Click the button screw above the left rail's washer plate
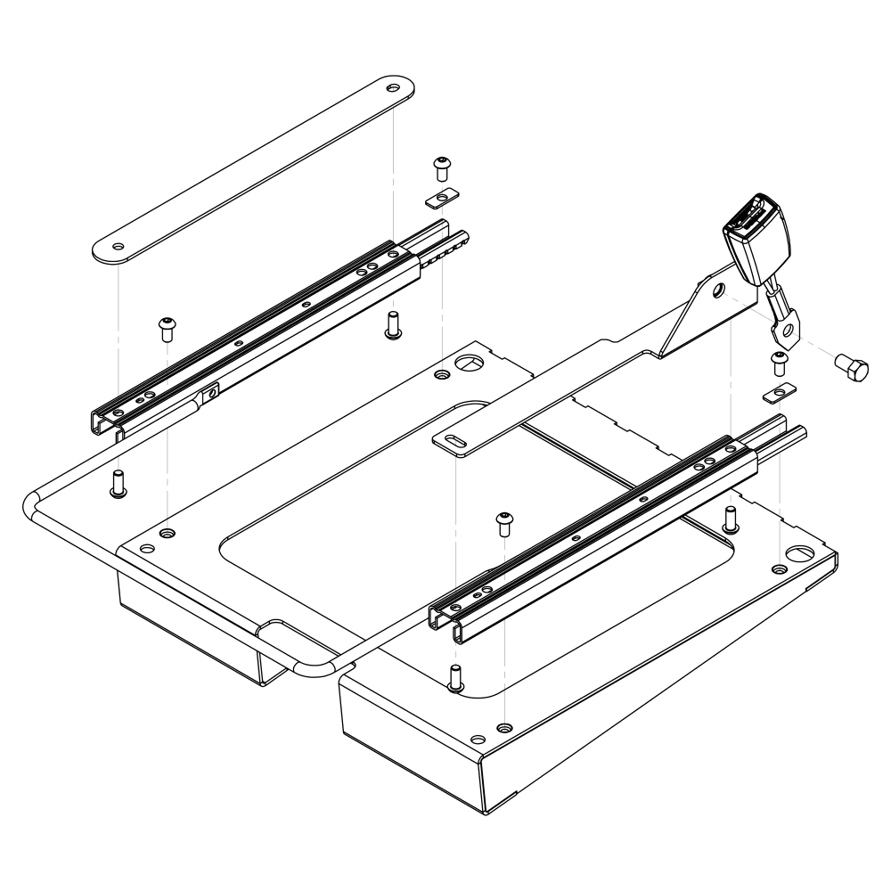[x=440, y=167]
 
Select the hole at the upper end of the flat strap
[x=393, y=89]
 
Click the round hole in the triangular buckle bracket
[x=718, y=290]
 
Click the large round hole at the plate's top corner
[x=466, y=364]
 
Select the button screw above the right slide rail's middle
[x=505, y=522]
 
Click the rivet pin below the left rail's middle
[x=391, y=326]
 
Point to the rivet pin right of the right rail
[x=731, y=517]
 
